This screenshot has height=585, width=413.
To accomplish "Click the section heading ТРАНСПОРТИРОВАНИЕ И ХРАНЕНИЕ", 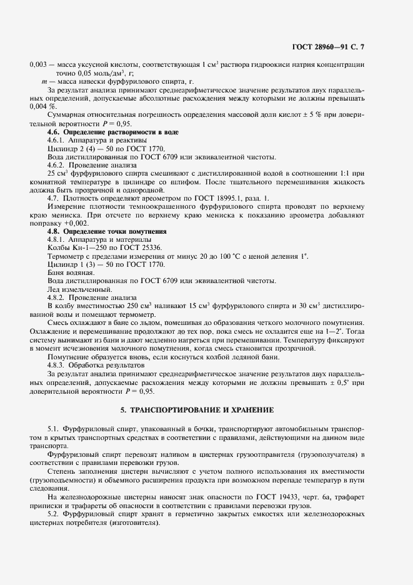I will tap(206, 409).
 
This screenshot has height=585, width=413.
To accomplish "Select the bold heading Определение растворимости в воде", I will tap(107, 133).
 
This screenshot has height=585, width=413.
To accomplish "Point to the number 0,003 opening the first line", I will tap(38, 65).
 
